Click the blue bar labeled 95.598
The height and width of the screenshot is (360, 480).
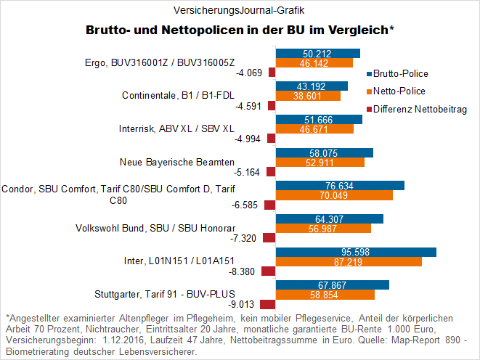[356, 252]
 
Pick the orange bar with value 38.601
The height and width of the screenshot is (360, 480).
[308, 95]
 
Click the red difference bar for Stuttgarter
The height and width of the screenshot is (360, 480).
[268, 305]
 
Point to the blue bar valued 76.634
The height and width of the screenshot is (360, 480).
[340, 185]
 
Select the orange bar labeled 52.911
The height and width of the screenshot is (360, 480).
[320, 162]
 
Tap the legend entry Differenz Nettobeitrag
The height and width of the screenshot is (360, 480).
[419, 110]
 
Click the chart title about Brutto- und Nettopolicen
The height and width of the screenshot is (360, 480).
[240, 30]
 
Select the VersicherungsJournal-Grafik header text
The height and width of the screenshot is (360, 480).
[240, 10]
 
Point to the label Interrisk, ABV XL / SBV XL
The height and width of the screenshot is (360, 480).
[176, 128]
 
